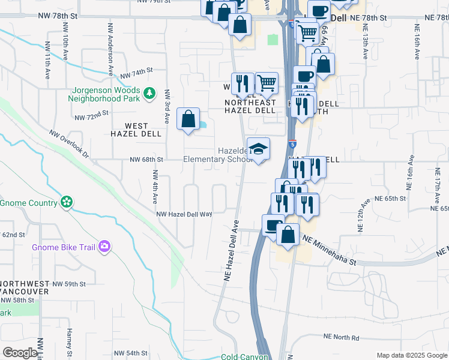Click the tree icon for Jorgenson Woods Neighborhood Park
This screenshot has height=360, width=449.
149,94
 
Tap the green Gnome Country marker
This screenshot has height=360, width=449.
67,202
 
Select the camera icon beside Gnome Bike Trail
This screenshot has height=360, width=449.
104,247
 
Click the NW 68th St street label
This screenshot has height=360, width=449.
146,160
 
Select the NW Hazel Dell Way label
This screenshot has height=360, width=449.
184,214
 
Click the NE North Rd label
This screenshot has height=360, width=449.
341,338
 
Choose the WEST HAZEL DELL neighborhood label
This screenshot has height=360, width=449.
134,130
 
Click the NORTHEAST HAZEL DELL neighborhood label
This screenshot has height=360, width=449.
250,106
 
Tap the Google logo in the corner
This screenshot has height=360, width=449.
20,353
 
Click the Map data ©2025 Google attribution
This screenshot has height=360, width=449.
411,355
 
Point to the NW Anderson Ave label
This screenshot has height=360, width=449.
110,49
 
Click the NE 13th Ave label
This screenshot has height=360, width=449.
364,44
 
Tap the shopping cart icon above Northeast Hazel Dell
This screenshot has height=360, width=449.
266,83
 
